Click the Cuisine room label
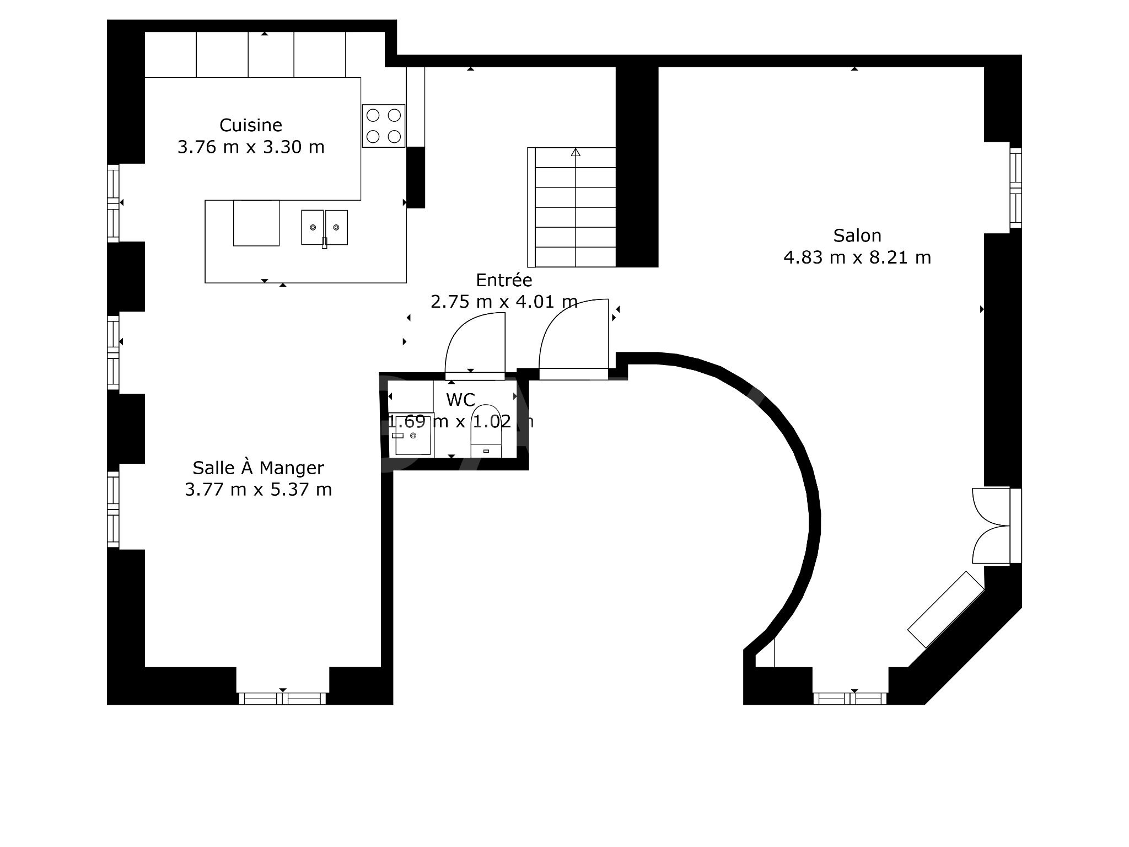point(251,125)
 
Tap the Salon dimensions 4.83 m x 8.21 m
point(857,258)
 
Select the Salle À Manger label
point(258,468)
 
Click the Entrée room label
point(504,280)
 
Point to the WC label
point(460,400)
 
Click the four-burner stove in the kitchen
point(384,126)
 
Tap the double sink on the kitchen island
point(324,227)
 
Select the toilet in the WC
point(486,430)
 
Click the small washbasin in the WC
point(411,434)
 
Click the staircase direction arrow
point(576,152)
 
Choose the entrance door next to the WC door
point(573,336)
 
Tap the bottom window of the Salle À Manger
point(282,699)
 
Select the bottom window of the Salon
point(850,699)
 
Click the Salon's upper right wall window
point(1015,188)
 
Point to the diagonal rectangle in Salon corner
point(945,609)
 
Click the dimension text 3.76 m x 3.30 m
point(251,147)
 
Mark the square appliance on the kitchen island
point(256,223)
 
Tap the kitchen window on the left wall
point(113,203)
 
